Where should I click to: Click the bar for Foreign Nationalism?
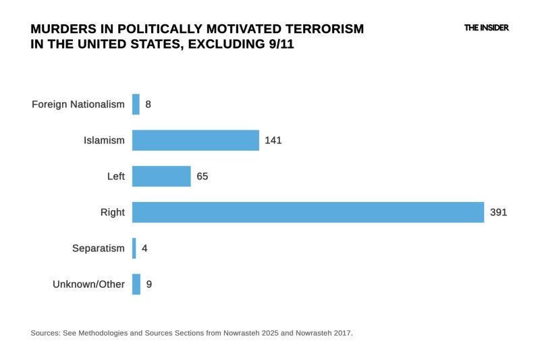click(136, 104)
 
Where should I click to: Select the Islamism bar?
click(196, 140)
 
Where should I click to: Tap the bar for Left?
click(161, 176)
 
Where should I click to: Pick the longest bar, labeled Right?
click(308, 212)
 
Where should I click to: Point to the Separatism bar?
click(134, 248)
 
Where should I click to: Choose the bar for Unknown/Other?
click(136, 284)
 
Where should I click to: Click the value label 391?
click(498, 212)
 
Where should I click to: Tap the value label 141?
click(273, 140)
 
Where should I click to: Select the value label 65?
click(202, 176)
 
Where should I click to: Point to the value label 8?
click(148, 104)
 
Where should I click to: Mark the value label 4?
click(144, 248)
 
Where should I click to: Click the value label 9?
click(148, 284)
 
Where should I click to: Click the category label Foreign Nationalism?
click(78, 104)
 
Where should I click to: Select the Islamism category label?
click(104, 140)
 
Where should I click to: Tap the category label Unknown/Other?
click(88, 284)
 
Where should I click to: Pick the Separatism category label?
click(99, 248)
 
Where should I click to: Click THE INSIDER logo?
click(486, 28)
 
